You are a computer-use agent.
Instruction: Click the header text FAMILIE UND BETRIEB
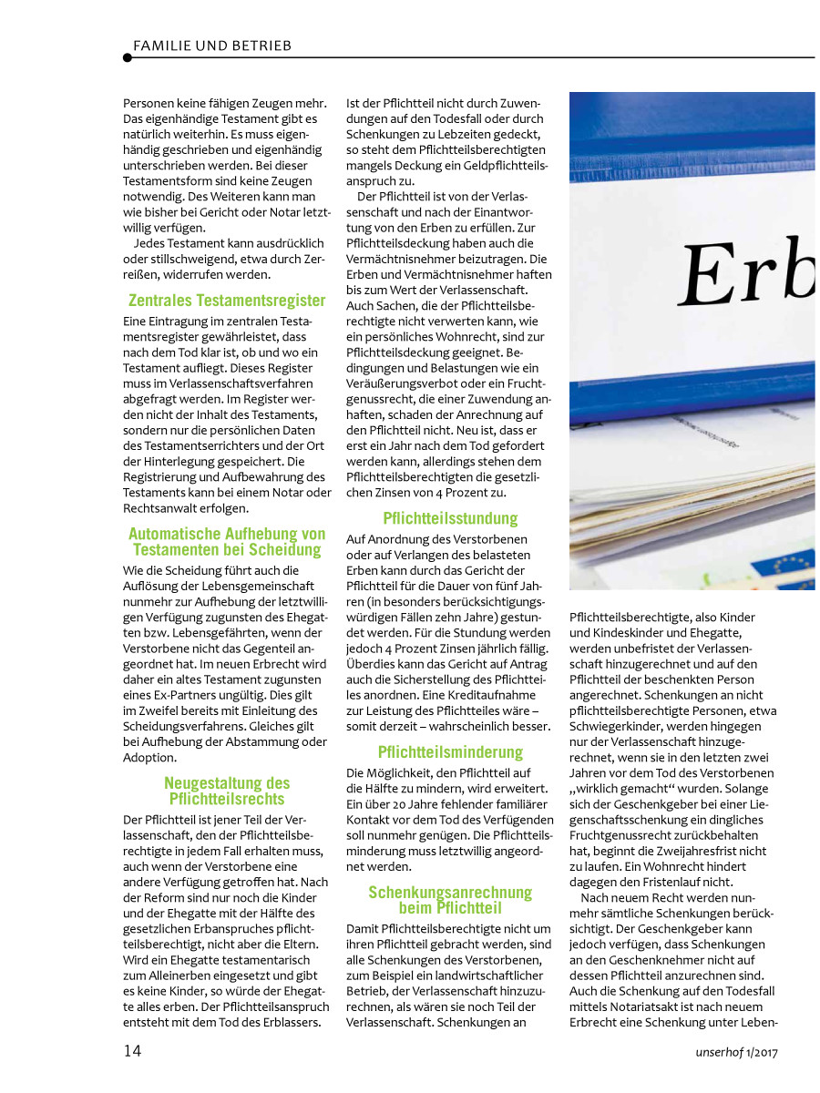tap(212, 45)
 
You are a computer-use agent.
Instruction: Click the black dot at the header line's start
tap(128, 57)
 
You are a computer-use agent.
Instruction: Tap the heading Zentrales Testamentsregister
tap(227, 300)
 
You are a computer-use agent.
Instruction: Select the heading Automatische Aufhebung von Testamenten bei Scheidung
tap(227, 542)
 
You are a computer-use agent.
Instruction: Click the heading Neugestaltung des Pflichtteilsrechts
tap(227, 791)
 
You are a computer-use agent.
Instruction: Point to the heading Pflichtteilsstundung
tap(450, 518)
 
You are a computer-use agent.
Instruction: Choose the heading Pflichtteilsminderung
tap(450, 752)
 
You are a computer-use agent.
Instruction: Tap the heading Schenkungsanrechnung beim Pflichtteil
tap(450, 900)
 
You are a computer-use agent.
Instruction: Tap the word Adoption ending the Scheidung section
tap(151, 757)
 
